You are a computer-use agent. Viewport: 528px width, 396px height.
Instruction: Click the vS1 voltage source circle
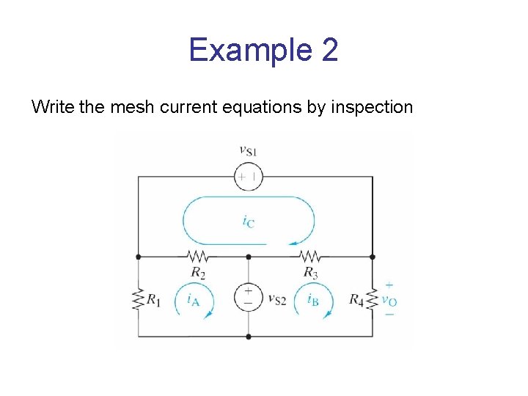pos(248,176)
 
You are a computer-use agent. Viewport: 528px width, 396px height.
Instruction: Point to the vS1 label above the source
pos(248,151)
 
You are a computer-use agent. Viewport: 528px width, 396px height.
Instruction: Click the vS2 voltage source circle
pos(248,296)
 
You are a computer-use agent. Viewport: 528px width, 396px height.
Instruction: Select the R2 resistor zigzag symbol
pos(198,257)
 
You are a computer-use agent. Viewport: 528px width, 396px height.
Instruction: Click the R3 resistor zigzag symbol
pos(310,257)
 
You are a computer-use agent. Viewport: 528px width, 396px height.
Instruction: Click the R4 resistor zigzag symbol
pos(372,298)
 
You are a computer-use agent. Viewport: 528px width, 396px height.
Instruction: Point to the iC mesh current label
pos(249,220)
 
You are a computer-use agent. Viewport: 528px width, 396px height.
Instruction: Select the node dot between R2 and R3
pos(248,257)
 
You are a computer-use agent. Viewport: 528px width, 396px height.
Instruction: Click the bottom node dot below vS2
pos(248,337)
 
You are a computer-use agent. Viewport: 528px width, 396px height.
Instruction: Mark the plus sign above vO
pos(389,285)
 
